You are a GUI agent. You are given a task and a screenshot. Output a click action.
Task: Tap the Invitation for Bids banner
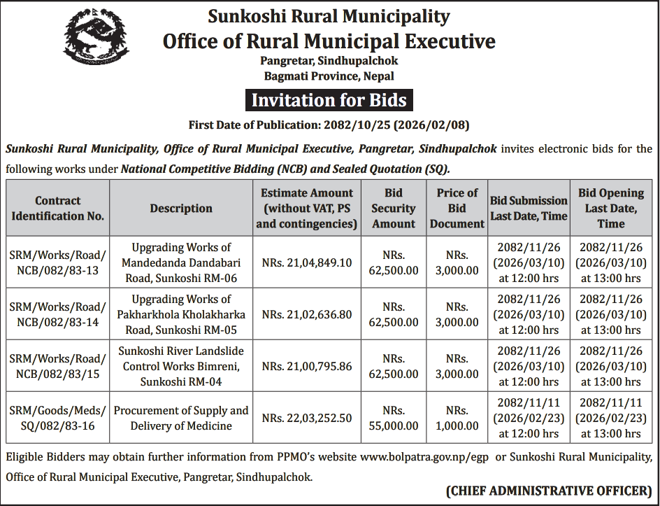click(329, 100)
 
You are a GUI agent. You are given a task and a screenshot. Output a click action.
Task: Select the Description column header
click(181, 208)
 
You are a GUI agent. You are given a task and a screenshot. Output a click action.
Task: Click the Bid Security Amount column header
click(394, 208)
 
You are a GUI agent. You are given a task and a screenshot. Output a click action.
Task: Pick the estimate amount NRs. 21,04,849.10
click(307, 263)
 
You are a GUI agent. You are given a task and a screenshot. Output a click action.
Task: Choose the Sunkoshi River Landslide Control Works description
click(181, 366)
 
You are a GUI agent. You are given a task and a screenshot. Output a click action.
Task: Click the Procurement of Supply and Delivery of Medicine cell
click(181, 418)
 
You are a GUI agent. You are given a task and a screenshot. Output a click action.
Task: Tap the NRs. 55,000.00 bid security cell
click(394, 418)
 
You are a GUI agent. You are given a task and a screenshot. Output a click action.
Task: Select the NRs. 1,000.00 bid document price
click(457, 418)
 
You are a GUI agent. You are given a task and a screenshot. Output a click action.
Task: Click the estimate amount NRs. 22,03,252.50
click(307, 418)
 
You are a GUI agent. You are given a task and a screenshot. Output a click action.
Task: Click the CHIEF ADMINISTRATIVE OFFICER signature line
click(548, 491)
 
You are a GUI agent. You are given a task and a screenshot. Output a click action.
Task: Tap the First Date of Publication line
click(329, 125)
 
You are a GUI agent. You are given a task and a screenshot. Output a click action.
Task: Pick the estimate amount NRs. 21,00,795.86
click(307, 366)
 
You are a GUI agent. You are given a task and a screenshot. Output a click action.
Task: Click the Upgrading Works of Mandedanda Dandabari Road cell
click(181, 263)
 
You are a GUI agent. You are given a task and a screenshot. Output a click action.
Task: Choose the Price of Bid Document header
click(457, 208)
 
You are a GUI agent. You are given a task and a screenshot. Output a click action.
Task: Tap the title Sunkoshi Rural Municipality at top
click(329, 15)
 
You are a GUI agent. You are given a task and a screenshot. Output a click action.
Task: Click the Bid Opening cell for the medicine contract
click(610, 418)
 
